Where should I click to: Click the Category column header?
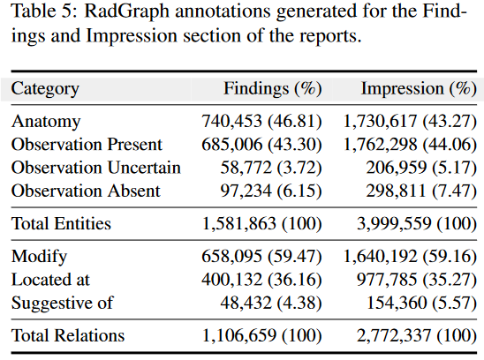pos(45,88)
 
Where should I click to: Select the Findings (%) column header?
pos(272,88)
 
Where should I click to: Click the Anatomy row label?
pos(46,122)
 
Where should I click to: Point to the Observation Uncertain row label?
pos(95,168)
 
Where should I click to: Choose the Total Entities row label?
pos(61,224)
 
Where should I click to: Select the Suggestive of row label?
pos(59,303)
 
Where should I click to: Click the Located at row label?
pos(50,280)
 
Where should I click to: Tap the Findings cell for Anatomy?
pos(261,122)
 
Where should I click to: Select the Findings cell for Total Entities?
pos(261,224)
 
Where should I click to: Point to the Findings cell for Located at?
pos(261,280)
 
